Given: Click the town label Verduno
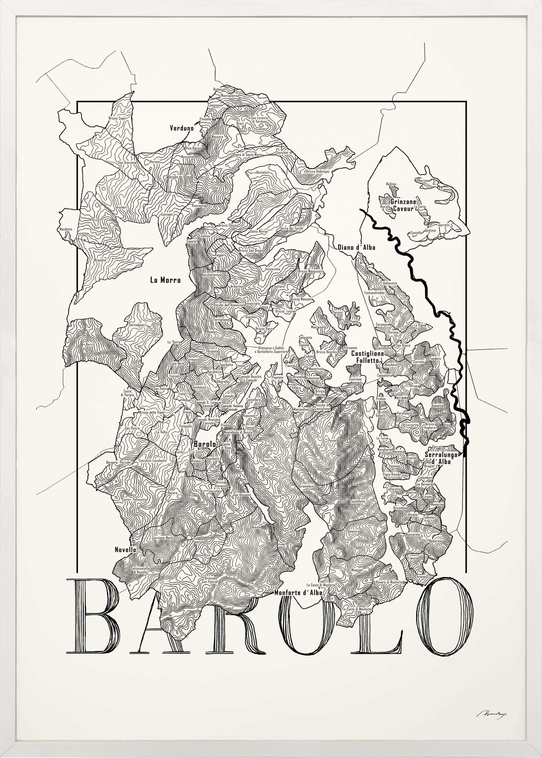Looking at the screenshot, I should (x=182, y=128).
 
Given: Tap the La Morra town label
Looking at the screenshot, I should (x=165, y=280).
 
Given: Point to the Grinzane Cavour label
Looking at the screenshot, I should (x=403, y=205).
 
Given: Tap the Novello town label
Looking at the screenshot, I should (x=125, y=550).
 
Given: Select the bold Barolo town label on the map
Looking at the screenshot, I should (x=204, y=444).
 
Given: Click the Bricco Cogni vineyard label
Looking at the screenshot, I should (x=117, y=118).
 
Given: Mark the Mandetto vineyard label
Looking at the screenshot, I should (x=66, y=229).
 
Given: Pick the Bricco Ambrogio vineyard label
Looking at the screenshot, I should (x=317, y=171).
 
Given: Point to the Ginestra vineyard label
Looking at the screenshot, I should (x=353, y=531).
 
